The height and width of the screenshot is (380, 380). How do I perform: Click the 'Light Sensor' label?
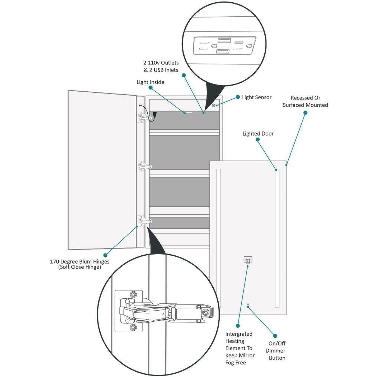click(256, 97)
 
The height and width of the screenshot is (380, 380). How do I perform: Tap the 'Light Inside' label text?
click(150, 82)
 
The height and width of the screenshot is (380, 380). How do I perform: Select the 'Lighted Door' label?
click(258, 134)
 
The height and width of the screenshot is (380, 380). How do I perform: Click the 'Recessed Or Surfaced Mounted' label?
click(305, 102)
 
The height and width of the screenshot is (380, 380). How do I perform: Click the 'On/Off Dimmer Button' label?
click(276, 351)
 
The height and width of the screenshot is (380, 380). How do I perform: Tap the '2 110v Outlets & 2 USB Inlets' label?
click(161, 66)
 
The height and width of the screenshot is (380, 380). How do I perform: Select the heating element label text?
click(240, 348)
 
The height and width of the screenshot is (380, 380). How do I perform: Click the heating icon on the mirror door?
click(248, 260)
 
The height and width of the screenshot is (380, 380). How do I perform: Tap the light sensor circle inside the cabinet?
click(214, 105)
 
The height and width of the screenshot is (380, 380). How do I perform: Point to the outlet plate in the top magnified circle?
click(225, 46)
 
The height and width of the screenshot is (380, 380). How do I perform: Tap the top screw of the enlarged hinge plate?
click(134, 295)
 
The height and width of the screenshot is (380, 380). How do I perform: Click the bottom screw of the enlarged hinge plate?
click(134, 327)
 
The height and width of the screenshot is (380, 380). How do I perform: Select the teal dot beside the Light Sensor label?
click(238, 97)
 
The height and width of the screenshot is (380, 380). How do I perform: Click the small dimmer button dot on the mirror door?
click(248, 305)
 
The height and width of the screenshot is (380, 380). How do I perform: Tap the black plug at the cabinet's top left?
click(154, 114)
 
